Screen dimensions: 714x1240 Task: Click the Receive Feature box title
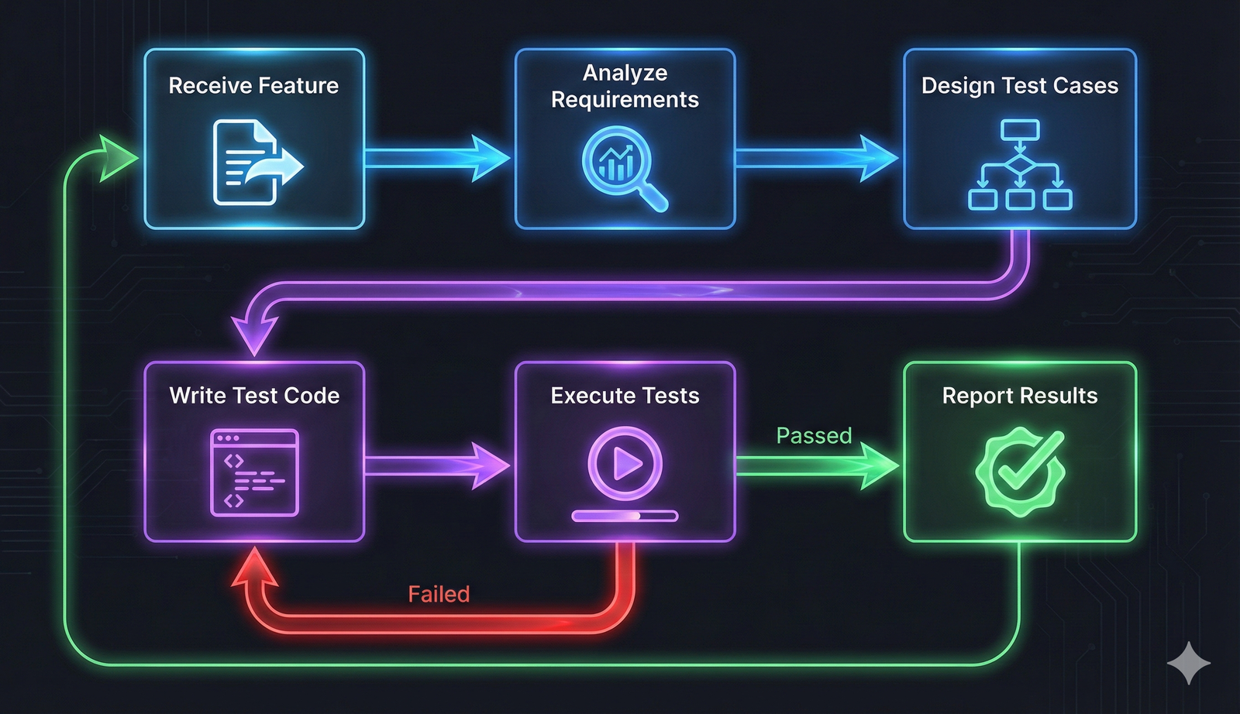pyautogui.click(x=253, y=85)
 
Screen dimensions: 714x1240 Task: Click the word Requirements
pyautogui.click(x=625, y=100)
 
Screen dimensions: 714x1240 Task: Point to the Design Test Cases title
pyautogui.click(x=1019, y=85)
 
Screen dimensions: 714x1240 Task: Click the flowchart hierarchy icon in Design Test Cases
pyautogui.click(x=1019, y=165)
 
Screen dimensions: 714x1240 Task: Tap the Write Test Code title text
pyautogui.click(x=254, y=396)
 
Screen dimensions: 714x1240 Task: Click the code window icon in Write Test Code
pyautogui.click(x=254, y=472)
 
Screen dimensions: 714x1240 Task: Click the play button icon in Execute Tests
pyautogui.click(x=625, y=464)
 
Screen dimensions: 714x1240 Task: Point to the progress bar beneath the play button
pyautogui.click(x=625, y=516)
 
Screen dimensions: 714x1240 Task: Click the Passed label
pyautogui.click(x=814, y=436)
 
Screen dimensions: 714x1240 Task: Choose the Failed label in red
pyautogui.click(x=439, y=594)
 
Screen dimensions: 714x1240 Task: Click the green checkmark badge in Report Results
pyautogui.click(x=1019, y=471)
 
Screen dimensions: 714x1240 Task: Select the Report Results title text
pyautogui.click(x=1019, y=396)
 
